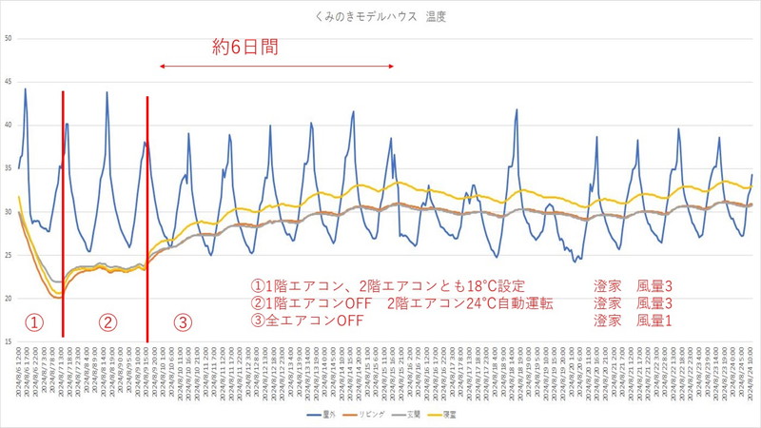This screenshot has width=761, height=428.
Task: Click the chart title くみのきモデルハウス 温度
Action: (x=380, y=17)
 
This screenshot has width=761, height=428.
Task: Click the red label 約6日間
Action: (x=244, y=47)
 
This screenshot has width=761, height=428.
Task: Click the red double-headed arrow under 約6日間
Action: (x=276, y=66)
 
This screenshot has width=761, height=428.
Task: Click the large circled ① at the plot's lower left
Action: (x=32, y=321)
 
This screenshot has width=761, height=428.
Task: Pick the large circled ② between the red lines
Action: (x=107, y=321)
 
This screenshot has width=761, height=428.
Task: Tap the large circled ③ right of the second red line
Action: (x=183, y=321)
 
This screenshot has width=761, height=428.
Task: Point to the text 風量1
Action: (x=655, y=321)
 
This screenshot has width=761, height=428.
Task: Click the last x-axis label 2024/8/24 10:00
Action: (x=751, y=376)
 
